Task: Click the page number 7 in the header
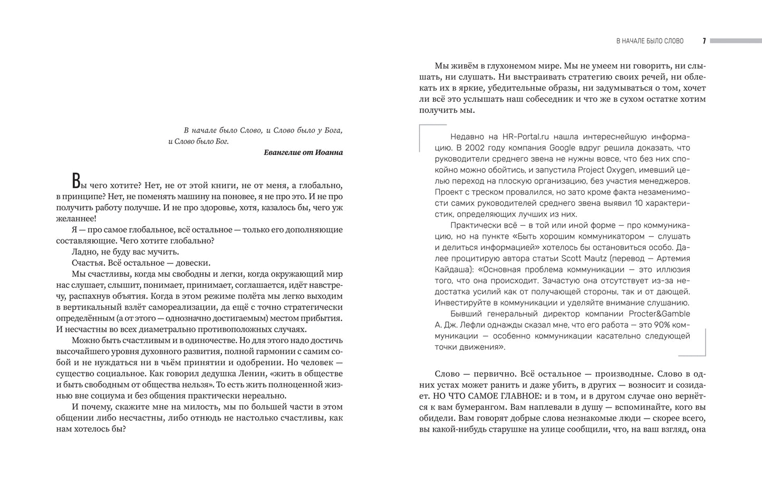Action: coord(704,41)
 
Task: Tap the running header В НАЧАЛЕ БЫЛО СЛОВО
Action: coord(650,41)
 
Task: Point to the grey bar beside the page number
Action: coord(736,41)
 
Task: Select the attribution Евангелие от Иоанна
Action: coord(303,152)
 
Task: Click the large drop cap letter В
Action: coord(76,181)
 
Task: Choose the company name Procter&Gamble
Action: coord(659,314)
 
